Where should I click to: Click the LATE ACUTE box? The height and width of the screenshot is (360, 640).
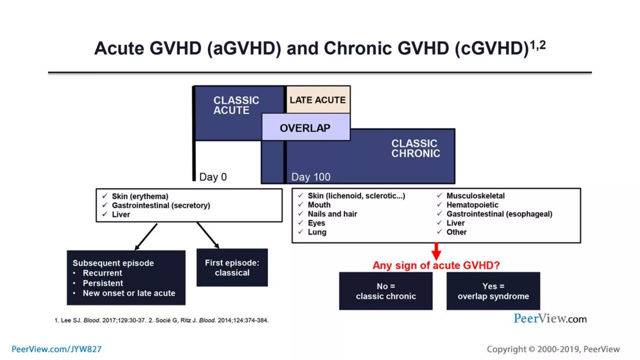point(318,100)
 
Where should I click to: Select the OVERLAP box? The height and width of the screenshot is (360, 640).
point(305,128)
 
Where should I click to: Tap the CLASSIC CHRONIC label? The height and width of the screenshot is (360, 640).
point(415,148)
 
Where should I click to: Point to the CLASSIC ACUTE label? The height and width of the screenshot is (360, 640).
point(236,105)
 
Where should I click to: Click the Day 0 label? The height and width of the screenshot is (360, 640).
point(213,177)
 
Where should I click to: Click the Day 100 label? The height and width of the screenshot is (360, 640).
point(311,177)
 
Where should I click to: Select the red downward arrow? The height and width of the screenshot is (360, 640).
point(436,251)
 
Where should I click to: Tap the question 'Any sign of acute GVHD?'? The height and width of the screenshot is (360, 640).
point(436,266)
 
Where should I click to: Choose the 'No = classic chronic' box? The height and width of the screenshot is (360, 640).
point(386,291)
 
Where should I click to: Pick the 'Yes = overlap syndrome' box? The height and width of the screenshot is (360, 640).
point(493,291)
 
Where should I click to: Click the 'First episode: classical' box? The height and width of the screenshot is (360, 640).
point(232,268)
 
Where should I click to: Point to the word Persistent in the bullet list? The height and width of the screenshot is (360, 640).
point(103,283)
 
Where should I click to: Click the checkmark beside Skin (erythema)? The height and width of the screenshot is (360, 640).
point(105,196)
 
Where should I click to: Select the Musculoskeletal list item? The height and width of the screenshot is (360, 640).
point(475,196)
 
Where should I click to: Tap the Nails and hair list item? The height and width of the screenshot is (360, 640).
point(332,214)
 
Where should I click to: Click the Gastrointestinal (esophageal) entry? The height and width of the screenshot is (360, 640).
point(499,214)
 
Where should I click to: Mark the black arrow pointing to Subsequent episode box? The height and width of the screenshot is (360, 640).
point(146,237)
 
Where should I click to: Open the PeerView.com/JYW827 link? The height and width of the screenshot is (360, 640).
point(57,349)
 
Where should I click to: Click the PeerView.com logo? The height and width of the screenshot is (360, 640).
point(550,319)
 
